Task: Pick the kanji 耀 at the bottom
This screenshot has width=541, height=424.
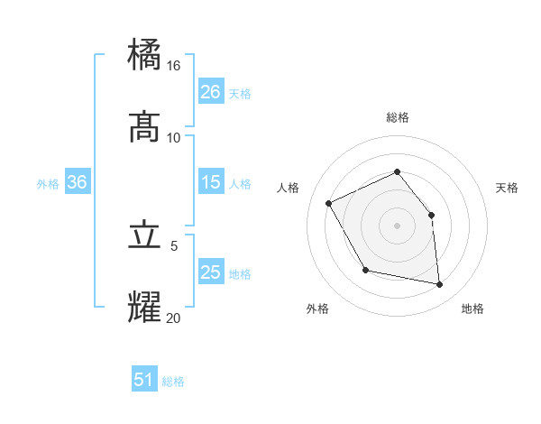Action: pos(145,306)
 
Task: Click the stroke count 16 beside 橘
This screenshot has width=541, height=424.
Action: pos(174,66)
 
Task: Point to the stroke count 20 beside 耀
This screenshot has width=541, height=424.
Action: pos(174,317)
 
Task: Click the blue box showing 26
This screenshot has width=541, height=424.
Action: pos(211,92)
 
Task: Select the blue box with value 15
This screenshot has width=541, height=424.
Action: pos(211,182)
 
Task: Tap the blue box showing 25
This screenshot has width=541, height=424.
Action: pos(211,272)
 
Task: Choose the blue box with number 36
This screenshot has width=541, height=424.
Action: pos(78,182)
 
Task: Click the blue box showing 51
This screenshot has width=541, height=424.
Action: pos(144,380)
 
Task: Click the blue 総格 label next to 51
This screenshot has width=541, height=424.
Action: pos(173,382)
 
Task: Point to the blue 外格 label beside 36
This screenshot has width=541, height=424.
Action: pos(48,184)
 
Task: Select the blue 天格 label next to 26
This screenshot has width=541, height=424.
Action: pos(240,94)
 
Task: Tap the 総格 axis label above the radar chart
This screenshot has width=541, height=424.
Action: pos(397,117)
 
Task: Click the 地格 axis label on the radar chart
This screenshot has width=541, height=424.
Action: pos(472,309)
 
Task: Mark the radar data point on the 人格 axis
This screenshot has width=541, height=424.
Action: pos(330,203)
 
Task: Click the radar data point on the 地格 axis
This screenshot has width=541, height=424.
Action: pos(439,284)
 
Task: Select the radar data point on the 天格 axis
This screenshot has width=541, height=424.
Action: pos(431,215)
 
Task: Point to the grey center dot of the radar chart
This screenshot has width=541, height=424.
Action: pos(397,226)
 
